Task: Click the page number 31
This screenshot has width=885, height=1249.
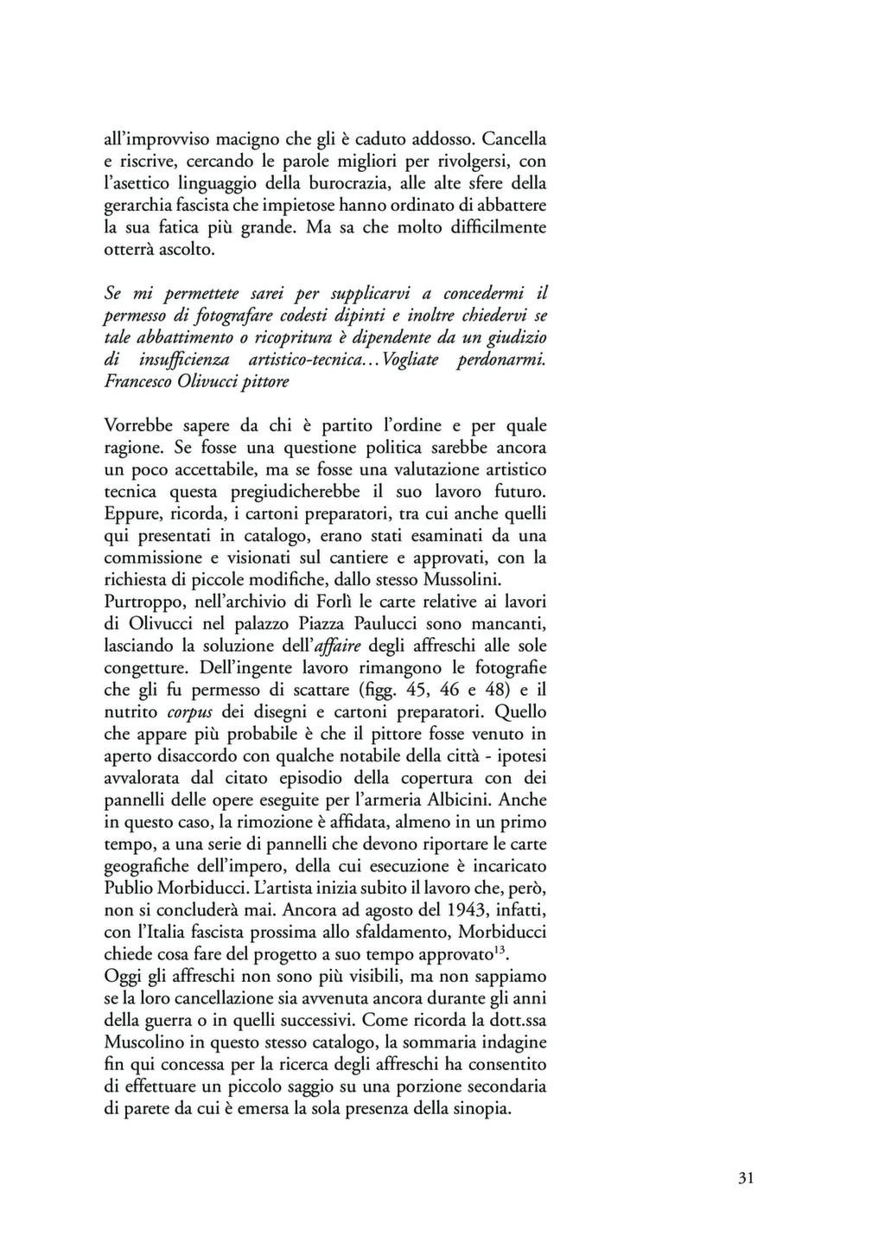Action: pyautogui.click(x=747, y=1178)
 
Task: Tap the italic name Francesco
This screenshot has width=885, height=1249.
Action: pyautogui.click(x=137, y=381)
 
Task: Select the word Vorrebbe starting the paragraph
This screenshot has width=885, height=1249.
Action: pyautogui.click(x=137, y=425)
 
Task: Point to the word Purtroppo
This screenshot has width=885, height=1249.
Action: pyautogui.click(x=140, y=602)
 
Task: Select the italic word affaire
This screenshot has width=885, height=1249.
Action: pyautogui.click(x=339, y=646)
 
